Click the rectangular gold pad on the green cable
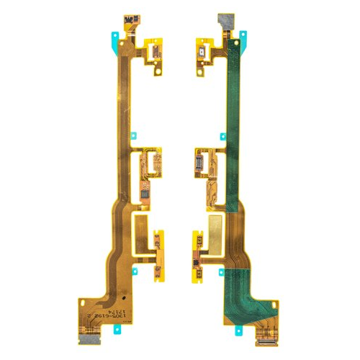coord(217,223)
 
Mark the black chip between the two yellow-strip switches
coord(196,254)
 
